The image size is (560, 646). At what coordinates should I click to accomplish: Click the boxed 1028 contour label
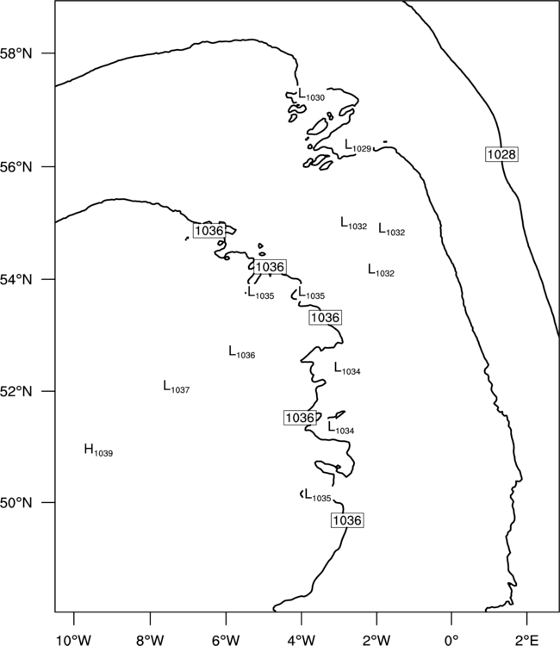tap(501, 154)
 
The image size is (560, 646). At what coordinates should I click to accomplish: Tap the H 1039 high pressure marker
tap(98, 450)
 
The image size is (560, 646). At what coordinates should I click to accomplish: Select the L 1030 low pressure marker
tap(311, 95)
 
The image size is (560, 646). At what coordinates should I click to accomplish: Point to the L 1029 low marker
tap(358, 146)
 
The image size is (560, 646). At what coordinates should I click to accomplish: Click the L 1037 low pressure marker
tap(177, 387)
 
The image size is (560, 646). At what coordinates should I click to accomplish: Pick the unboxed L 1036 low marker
tap(242, 352)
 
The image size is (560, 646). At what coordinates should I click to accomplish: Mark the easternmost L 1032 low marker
tap(392, 229)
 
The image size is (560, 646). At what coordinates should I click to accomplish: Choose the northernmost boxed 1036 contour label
tap(208, 230)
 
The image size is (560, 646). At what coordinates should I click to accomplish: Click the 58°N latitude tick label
tap(16, 53)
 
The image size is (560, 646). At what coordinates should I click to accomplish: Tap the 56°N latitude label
tap(16, 167)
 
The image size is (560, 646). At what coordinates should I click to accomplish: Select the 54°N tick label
tap(16, 280)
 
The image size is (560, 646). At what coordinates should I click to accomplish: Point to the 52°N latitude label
tap(16, 391)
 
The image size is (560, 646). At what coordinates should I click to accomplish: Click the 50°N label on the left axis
tap(16, 503)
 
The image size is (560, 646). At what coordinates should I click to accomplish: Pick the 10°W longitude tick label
tap(74, 640)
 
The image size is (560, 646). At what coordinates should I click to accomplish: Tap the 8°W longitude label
tap(150, 640)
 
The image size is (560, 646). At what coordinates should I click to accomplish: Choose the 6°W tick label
tap(226, 640)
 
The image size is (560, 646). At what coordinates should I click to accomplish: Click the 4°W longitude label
tap(302, 640)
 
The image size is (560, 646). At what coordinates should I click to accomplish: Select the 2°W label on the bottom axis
tap(376, 640)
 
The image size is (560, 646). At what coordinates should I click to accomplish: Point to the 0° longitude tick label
tap(451, 640)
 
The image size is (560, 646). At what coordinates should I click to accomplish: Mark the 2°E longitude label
tap(527, 640)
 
